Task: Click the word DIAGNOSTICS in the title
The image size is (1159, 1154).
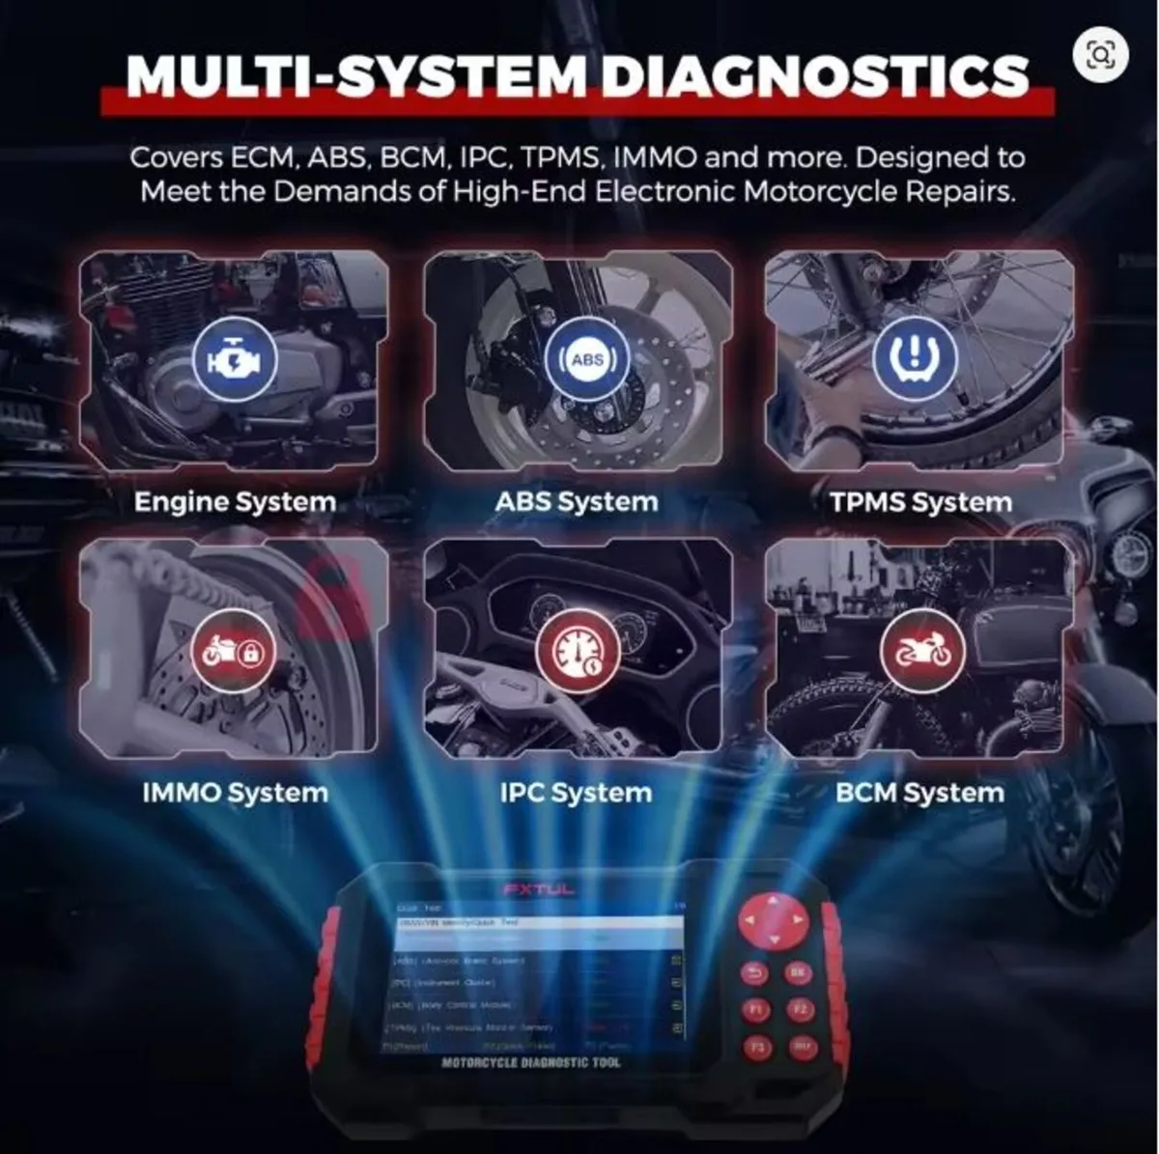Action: (815, 75)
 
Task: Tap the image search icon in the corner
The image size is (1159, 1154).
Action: (1100, 54)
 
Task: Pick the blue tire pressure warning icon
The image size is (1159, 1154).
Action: (915, 356)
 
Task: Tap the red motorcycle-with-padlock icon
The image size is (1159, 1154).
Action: (233, 652)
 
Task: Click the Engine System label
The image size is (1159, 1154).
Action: (235, 502)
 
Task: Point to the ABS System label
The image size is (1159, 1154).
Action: (577, 502)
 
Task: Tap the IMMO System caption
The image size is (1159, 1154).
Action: (235, 793)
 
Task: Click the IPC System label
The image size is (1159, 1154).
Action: (576, 793)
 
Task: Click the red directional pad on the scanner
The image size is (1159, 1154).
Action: (771, 921)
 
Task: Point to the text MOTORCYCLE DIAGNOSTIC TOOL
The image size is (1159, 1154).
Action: (531, 1063)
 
